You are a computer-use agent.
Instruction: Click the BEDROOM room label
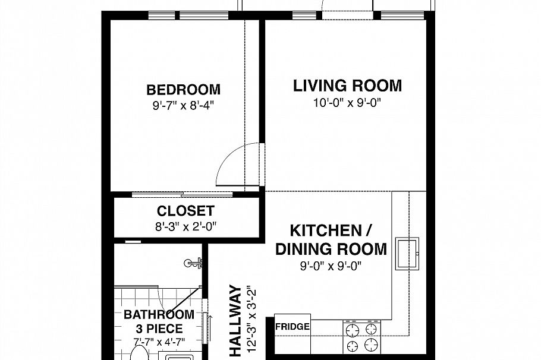(x=183, y=90)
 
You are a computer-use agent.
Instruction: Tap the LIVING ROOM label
(x=347, y=86)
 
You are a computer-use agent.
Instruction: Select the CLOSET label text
(x=185, y=211)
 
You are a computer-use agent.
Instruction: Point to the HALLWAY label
(x=235, y=320)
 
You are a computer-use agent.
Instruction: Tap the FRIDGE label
(x=292, y=326)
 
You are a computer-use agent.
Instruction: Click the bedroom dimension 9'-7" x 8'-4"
(x=184, y=106)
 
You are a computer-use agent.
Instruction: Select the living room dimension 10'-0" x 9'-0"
(x=347, y=103)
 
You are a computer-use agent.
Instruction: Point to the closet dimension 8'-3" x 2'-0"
(x=185, y=226)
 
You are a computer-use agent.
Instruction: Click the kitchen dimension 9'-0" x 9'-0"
(x=331, y=266)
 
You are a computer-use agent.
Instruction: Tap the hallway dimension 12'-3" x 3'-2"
(x=252, y=318)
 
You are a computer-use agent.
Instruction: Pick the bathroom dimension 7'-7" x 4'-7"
(x=159, y=342)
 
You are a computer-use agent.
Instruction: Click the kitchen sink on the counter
(x=407, y=254)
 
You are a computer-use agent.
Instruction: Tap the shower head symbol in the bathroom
(x=193, y=263)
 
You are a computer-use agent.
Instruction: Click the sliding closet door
(x=182, y=195)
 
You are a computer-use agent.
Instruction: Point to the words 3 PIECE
(x=159, y=329)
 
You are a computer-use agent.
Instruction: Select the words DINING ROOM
(x=331, y=249)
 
